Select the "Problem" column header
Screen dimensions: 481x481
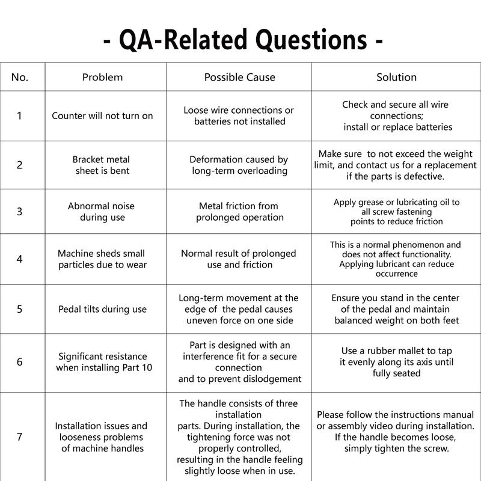tap(102, 77)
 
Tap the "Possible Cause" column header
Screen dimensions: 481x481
tap(239, 77)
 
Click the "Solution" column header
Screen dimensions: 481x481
tap(396, 77)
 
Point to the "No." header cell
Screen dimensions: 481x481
tap(20, 77)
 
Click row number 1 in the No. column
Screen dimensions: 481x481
tap(20, 115)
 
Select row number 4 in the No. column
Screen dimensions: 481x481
tap(20, 259)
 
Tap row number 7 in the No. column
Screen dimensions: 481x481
tap(20, 437)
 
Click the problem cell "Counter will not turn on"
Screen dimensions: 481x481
tap(102, 115)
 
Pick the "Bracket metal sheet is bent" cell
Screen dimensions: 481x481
tap(102, 165)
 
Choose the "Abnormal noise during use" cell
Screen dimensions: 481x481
tap(102, 212)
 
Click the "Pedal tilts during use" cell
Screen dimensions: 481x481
tap(102, 309)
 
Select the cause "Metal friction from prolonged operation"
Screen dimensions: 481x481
tap(239, 212)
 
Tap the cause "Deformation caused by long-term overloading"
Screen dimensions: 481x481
tap(239, 165)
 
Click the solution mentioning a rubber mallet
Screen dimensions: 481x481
tap(396, 362)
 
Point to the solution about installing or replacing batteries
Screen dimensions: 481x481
tap(396, 115)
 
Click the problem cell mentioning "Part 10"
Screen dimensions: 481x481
tap(102, 362)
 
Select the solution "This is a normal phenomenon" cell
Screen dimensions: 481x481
tap(396, 259)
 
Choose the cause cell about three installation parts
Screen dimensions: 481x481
tap(239, 437)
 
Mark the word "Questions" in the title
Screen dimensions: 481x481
tap(310, 40)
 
